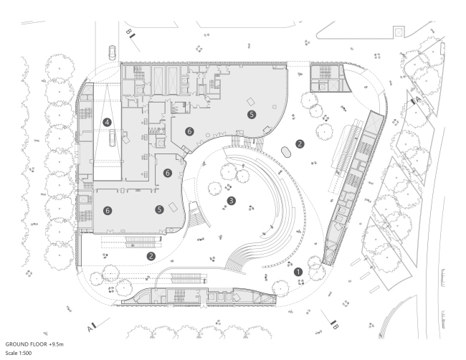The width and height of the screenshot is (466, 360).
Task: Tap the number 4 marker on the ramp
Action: tap(107, 123)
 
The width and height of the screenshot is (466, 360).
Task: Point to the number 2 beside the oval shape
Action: tap(301, 143)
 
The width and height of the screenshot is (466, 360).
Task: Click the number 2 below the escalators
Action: tap(151, 256)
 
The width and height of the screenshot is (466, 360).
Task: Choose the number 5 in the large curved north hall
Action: tap(251, 114)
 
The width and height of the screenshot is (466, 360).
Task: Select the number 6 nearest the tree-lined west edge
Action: tap(108, 211)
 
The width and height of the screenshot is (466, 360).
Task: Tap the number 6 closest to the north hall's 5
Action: tap(190, 131)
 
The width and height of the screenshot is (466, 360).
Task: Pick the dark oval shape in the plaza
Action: tap(285, 151)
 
